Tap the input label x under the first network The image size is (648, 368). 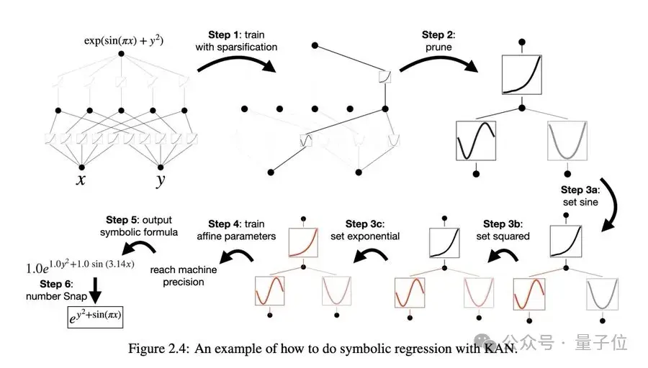(x=82, y=179)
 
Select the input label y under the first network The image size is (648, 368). (x=159, y=180)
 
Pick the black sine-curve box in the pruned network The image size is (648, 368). (x=476, y=142)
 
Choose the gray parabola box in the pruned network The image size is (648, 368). (x=567, y=142)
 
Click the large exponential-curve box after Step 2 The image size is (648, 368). (x=521, y=73)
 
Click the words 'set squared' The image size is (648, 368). (x=503, y=236)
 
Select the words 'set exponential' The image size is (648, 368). (x=365, y=236)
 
